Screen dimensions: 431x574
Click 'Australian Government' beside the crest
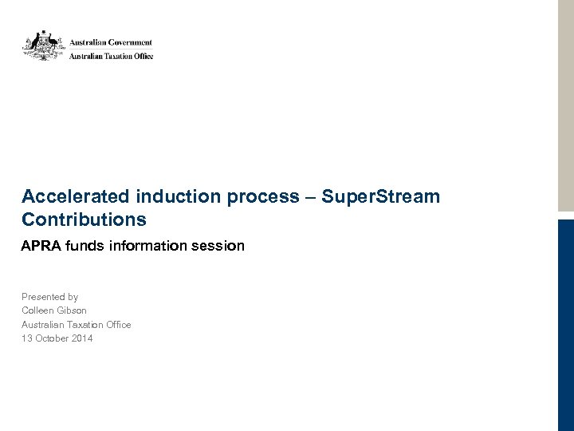click(110, 42)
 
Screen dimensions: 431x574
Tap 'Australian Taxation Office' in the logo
click(110, 56)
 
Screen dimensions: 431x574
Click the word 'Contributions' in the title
click(84, 219)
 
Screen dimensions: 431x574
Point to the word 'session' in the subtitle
click(218, 246)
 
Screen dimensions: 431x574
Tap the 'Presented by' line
click(49, 297)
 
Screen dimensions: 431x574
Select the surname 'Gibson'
click(72, 310)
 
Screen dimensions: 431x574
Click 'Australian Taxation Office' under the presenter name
click(76, 325)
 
